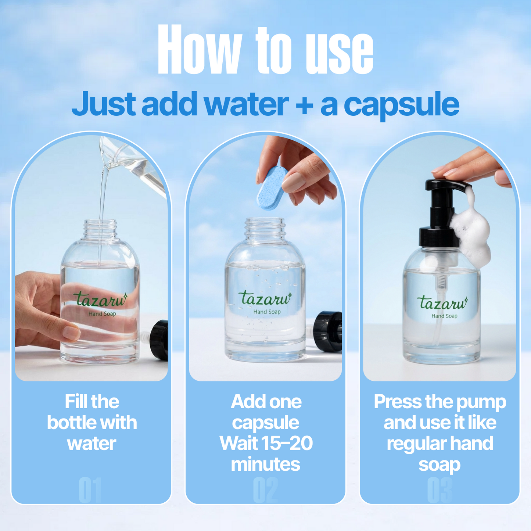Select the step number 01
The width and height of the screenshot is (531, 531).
point(90,490)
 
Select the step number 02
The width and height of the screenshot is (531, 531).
point(265,490)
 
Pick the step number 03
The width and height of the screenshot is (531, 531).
point(439,490)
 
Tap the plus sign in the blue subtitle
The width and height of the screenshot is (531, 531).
point(304,105)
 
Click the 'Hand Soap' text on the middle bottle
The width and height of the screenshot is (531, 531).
point(267,312)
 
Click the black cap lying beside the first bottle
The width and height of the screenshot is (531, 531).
point(159,340)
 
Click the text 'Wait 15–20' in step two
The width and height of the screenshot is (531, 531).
point(266,443)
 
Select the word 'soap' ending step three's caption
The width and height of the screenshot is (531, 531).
point(439,464)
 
